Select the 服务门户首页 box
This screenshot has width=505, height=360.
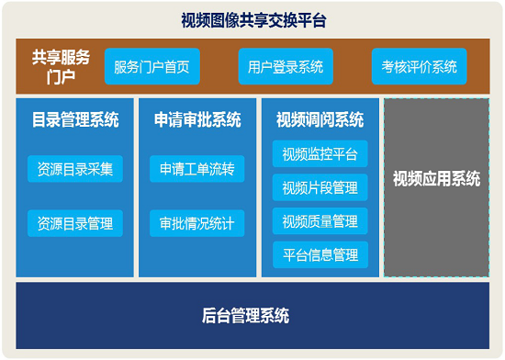[x=151, y=66]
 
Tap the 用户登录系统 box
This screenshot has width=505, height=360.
[x=286, y=66]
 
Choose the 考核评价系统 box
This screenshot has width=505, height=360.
[x=420, y=66]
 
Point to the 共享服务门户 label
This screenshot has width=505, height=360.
[x=61, y=66]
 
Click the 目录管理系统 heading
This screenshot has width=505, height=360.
[x=75, y=119]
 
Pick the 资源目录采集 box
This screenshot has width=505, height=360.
[x=75, y=169]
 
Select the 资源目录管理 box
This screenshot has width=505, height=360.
[x=75, y=223]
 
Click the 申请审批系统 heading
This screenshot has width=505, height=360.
[x=197, y=119]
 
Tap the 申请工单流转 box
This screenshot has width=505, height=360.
[x=197, y=169]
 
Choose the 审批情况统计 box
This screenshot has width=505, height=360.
[x=197, y=223]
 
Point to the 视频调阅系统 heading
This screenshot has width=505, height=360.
[x=320, y=119]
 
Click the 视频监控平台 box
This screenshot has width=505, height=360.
[x=320, y=153]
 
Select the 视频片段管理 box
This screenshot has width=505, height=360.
[x=320, y=187]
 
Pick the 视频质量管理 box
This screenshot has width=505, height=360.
[x=320, y=220]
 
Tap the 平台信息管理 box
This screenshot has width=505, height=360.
[x=320, y=254]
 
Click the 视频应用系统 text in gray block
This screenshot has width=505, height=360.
[x=436, y=179]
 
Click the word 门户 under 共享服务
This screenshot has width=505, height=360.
[x=61, y=76]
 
